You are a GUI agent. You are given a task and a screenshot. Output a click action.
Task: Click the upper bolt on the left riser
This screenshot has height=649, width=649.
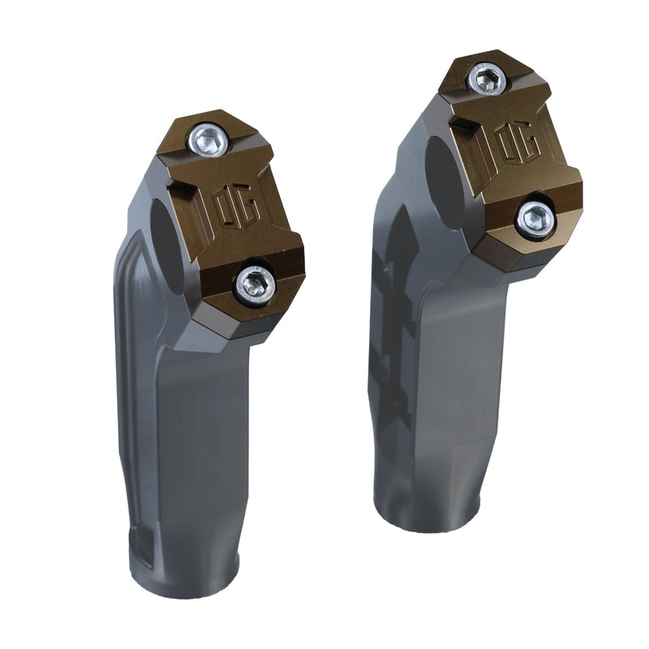[208, 140]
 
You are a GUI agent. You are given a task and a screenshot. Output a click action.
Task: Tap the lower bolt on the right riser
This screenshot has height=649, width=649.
[536, 219]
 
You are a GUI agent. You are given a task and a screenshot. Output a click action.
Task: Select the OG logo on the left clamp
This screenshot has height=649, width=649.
[238, 208]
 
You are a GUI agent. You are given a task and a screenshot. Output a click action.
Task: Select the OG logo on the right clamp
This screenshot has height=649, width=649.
[518, 142]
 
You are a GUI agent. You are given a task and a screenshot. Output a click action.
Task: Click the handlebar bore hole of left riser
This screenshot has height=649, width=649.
[169, 246]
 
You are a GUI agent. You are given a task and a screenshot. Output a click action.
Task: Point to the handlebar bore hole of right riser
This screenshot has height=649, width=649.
[444, 182]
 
